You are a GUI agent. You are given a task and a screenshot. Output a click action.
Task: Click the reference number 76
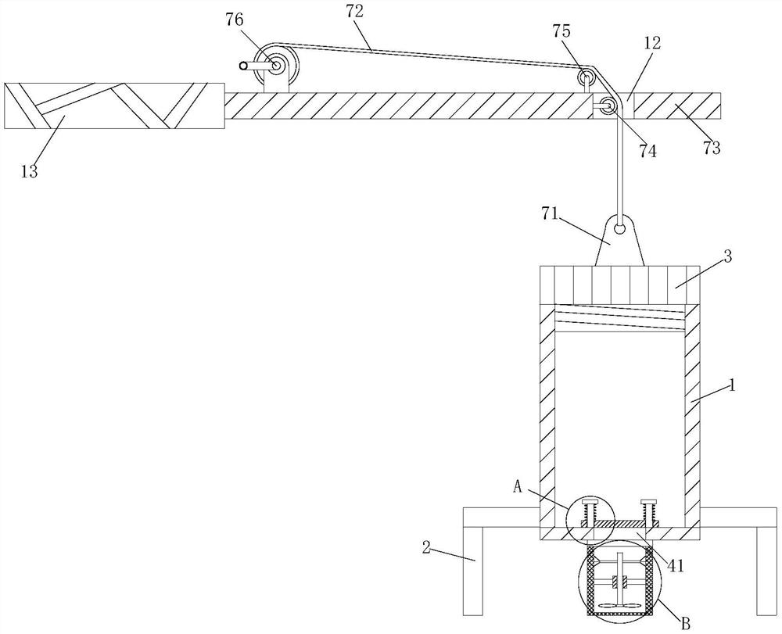(x=235, y=20)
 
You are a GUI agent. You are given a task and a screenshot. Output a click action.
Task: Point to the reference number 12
(x=652, y=43)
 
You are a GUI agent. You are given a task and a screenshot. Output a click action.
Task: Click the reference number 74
(x=647, y=151)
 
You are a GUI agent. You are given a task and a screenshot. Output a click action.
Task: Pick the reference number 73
(x=712, y=148)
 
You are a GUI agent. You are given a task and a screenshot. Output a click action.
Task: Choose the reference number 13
(x=29, y=171)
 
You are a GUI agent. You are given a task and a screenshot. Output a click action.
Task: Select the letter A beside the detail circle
(x=518, y=487)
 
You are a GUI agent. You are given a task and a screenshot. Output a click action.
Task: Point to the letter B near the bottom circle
(x=687, y=623)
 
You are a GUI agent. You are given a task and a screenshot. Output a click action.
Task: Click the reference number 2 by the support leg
(x=425, y=546)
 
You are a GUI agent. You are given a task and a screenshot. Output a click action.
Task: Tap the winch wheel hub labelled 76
(x=275, y=65)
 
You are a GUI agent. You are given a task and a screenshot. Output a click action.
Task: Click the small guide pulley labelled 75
(x=586, y=78)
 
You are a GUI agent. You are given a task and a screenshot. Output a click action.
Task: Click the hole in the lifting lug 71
(x=619, y=229)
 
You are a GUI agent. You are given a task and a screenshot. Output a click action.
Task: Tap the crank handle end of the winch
(x=243, y=66)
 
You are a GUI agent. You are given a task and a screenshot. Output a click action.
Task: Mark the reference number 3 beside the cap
(x=727, y=257)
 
